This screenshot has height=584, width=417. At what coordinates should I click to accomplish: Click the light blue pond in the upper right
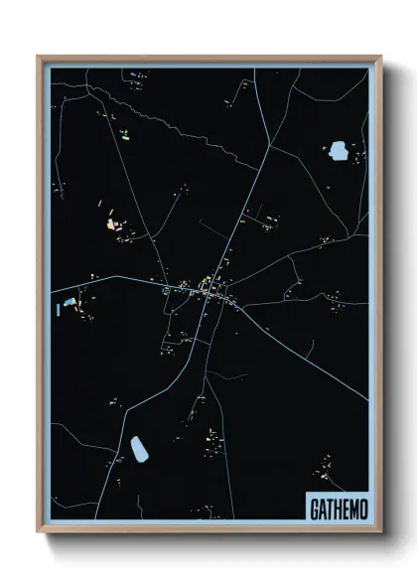[338, 151]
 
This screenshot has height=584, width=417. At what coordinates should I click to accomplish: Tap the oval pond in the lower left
[139, 448]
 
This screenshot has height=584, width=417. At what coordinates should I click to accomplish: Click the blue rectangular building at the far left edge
[69, 301]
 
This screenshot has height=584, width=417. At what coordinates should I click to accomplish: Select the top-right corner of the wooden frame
[379, 58]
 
